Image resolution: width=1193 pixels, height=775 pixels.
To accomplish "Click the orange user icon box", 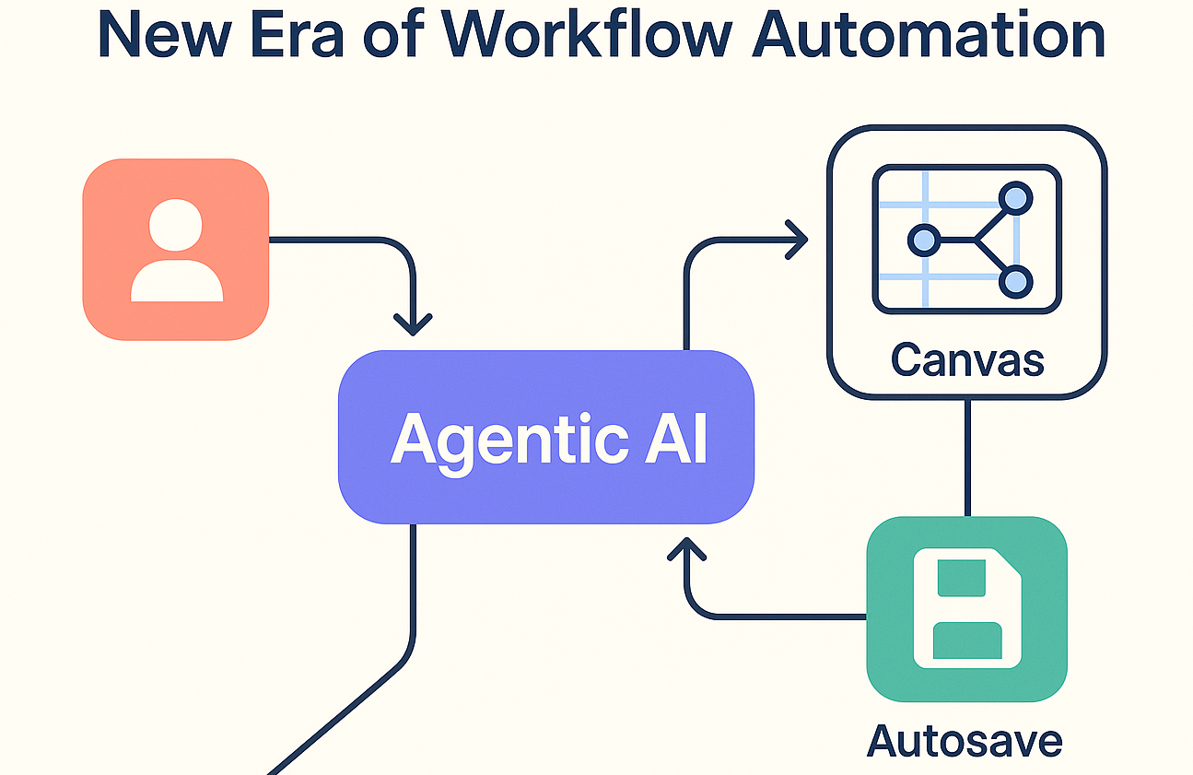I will coord(176,250).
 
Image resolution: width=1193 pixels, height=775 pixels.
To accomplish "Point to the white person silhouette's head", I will coord(176,226).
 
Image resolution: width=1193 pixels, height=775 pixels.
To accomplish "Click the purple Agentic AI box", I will coord(546,439).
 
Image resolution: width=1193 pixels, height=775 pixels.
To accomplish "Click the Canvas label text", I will coord(967,359).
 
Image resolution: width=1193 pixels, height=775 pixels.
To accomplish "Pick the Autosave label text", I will coord(965,740).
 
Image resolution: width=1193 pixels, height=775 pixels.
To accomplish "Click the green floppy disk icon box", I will coord(966,609).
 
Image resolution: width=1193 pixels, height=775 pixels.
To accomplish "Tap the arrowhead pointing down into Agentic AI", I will coord(413,323).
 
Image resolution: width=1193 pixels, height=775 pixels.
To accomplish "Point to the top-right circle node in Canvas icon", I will coord(1015,197).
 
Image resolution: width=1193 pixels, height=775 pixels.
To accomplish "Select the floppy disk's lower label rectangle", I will coord(966,640).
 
